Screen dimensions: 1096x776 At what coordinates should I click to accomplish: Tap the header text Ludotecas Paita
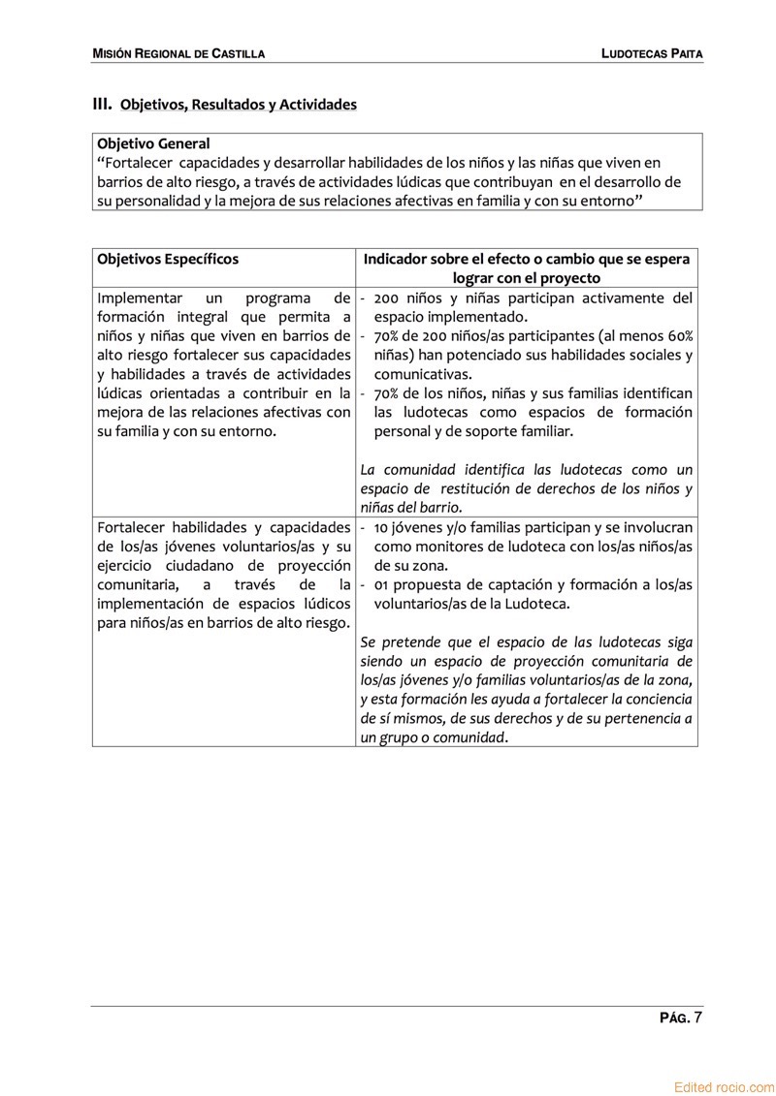(651, 53)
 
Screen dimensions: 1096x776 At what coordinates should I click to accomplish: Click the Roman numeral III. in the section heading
(102, 104)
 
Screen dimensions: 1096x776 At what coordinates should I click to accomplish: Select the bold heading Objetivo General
(153, 143)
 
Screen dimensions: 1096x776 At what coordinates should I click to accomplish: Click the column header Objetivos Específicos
(168, 259)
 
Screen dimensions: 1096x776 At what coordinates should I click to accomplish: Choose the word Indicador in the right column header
(397, 259)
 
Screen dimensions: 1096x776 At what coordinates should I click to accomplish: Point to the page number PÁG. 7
(681, 1018)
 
